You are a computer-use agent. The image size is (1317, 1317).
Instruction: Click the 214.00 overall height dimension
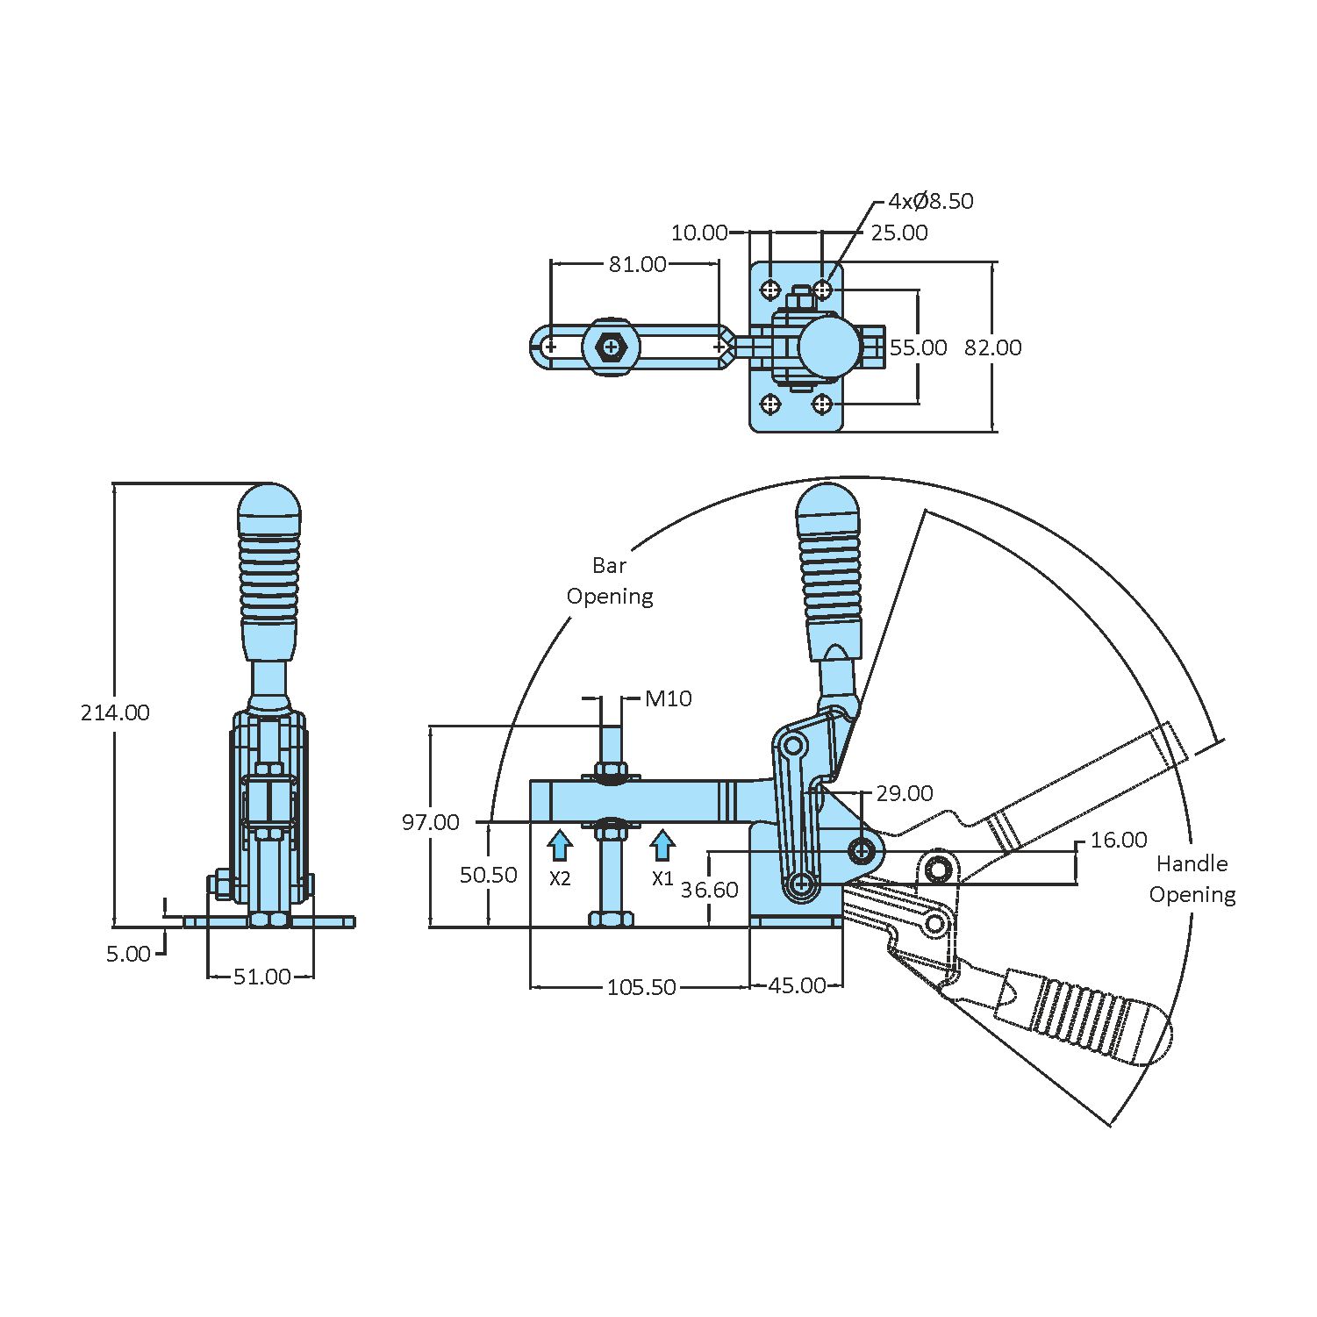click(115, 712)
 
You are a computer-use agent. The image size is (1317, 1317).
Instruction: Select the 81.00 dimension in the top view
click(638, 264)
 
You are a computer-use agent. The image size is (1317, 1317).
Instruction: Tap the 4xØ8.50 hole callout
click(930, 201)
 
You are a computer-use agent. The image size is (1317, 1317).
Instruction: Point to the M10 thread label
click(668, 698)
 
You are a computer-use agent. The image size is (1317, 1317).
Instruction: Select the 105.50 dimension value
click(641, 987)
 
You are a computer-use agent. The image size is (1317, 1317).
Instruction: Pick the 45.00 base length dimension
click(797, 986)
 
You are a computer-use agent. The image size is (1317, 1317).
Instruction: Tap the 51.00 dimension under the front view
click(261, 977)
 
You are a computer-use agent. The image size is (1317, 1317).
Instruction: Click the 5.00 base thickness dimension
click(128, 954)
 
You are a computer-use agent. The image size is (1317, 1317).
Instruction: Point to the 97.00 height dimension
click(430, 822)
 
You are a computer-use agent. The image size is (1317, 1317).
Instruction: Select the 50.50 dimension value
click(489, 875)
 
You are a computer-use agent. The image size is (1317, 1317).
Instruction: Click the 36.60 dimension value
click(709, 890)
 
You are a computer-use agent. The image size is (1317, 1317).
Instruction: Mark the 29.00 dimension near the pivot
click(904, 793)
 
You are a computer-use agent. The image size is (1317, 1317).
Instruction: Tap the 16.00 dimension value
click(1118, 840)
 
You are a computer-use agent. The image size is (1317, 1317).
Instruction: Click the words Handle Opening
click(1192, 879)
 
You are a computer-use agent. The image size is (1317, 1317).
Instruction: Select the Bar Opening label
click(610, 581)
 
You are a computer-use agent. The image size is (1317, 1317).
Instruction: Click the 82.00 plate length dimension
click(992, 347)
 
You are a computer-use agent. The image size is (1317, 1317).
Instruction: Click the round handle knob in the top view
click(828, 347)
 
